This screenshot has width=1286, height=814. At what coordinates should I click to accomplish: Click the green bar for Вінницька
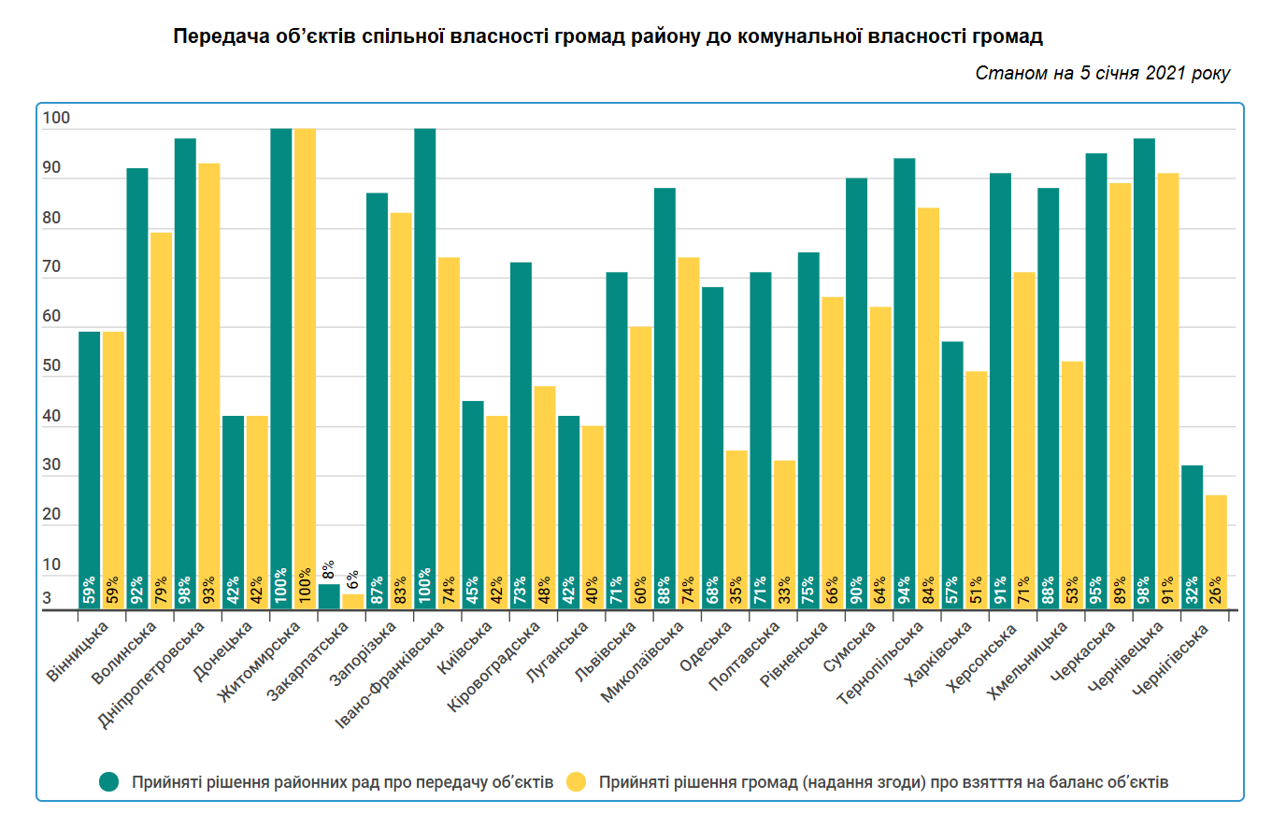[x=89, y=467]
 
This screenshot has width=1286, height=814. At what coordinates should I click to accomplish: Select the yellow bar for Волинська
[x=161, y=421]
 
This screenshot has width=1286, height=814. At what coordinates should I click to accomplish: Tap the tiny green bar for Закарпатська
[x=329, y=596]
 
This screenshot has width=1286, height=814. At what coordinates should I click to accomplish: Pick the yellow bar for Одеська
[x=736, y=528]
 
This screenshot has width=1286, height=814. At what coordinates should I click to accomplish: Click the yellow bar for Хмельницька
[x=1072, y=486]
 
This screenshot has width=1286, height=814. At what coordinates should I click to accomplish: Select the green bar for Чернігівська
[x=1192, y=537]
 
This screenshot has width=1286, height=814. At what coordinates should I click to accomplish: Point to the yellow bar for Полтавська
[x=784, y=533]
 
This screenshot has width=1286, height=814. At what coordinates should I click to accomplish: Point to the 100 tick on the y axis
[x=56, y=118]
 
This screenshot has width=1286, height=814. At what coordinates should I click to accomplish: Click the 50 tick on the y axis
[x=51, y=366]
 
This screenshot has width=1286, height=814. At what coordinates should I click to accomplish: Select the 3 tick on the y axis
[x=47, y=598]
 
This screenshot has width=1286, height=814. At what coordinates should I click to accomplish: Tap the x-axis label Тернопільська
[x=880, y=663]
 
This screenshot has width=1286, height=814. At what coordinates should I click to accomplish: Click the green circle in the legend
[x=109, y=782]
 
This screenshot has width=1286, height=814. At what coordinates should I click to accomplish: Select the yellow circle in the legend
[x=577, y=782]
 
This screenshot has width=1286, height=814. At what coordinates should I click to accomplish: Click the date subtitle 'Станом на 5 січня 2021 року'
[x=1102, y=73]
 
